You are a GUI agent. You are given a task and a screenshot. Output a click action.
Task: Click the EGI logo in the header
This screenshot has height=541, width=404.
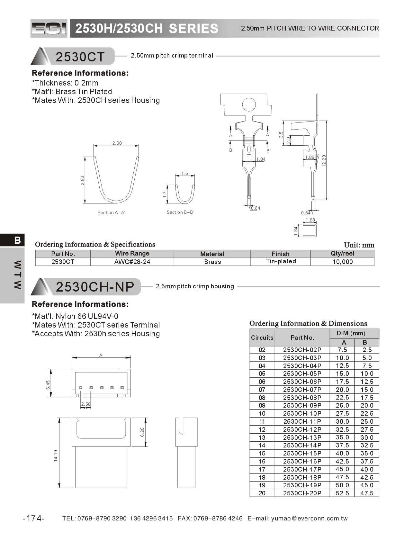click(49, 29)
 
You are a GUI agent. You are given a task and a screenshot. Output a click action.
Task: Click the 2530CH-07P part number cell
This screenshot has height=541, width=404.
click(302, 390)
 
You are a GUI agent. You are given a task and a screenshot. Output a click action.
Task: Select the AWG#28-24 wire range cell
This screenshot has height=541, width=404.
click(132, 262)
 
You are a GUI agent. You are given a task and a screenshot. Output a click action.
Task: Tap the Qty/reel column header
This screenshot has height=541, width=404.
click(342, 254)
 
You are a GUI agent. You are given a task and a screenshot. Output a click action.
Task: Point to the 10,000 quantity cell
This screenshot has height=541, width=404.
click(342, 262)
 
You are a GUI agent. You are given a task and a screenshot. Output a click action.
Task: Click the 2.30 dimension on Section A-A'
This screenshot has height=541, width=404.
click(117, 143)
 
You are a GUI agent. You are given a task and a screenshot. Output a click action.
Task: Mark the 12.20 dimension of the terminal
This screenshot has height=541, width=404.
click(324, 160)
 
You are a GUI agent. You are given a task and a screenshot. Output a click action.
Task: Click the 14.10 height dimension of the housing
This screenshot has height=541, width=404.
click(56, 455)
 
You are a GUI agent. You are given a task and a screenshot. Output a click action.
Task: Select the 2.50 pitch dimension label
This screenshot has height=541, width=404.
click(86, 404)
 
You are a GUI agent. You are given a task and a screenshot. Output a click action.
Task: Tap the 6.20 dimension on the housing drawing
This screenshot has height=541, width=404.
click(142, 432)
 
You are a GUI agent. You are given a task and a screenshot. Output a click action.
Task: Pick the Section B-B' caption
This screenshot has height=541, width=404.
click(180, 212)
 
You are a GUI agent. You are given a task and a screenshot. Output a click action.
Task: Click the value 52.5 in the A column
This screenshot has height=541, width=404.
click(342, 493)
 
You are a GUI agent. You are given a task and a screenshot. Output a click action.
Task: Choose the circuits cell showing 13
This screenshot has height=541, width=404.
click(262, 437)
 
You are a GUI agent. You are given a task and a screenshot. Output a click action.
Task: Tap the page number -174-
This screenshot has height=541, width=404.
click(34, 518)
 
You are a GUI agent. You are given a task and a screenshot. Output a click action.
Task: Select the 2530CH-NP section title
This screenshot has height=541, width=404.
click(95, 287)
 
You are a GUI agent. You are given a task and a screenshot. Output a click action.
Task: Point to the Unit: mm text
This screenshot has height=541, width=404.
click(359, 245)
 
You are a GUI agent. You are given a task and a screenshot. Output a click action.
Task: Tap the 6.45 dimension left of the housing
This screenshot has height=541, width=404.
click(48, 385)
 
